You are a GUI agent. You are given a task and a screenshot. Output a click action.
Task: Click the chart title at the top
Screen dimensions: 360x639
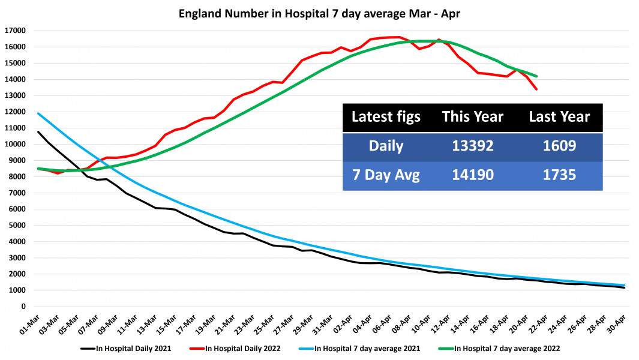[x=319, y=13]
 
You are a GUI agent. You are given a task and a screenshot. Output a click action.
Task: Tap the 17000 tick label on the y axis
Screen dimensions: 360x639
[x=14, y=31]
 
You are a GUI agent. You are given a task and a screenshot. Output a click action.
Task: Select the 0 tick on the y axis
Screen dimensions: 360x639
[x=23, y=307]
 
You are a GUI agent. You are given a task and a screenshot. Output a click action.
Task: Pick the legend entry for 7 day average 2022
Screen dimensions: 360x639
[x=507, y=348]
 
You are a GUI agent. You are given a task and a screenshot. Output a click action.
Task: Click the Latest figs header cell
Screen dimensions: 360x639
[x=386, y=117]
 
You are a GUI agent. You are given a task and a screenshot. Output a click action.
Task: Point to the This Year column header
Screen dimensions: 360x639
[x=472, y=117]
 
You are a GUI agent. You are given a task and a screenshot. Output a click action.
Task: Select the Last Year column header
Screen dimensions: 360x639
[x=559, y=117]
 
